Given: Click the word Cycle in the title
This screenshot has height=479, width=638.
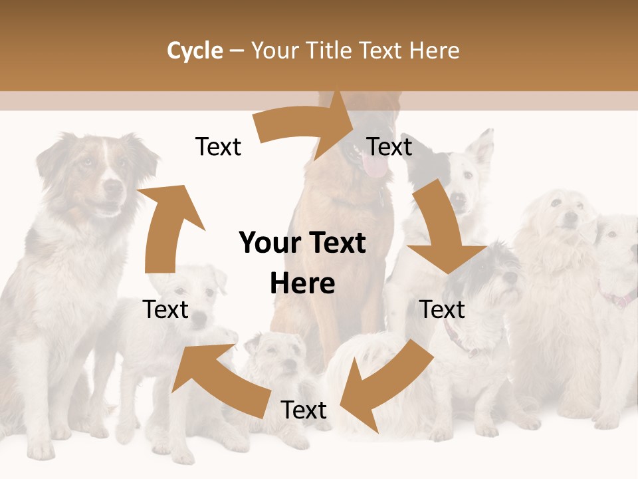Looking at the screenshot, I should click(x=195, y=51).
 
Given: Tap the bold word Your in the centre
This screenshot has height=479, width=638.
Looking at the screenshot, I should click(x=270, y=243).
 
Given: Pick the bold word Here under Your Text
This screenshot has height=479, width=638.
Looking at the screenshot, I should click(x=302, y=283).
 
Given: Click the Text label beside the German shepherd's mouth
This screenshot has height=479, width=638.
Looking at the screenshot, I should click(x=389, y=146).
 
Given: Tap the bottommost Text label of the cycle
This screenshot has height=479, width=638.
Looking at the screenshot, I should click(x=304, y=410).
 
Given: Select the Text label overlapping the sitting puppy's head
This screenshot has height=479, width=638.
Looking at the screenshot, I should click(x=166, y=309).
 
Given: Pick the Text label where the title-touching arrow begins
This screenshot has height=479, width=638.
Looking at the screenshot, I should click(x=218, y=146).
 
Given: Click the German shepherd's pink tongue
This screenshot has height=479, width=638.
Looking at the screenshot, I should click(x=376, y=166).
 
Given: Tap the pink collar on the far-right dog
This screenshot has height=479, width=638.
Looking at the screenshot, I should click(x=621, y=299).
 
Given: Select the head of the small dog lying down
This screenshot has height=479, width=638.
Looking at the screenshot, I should click(x=279, y=356).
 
